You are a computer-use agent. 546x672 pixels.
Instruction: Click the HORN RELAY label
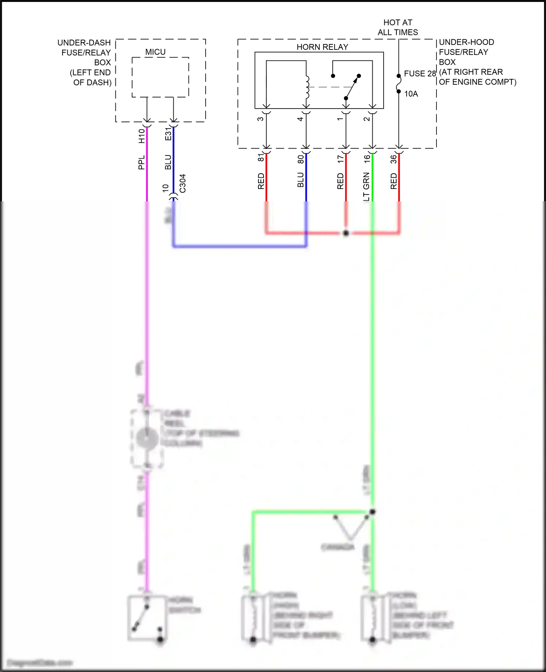coord(322,47)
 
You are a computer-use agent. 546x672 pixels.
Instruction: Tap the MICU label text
coord(155,52)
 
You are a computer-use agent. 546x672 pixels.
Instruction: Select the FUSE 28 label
coord(420,74)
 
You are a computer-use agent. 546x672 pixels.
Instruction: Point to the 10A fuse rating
coord(411,94)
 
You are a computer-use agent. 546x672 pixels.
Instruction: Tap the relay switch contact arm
coord(352,87)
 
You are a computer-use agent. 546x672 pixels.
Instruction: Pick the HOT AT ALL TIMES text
coord(398,27)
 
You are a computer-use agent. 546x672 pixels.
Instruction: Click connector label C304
coord(183,183)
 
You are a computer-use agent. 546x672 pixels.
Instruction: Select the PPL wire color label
coord(142,162)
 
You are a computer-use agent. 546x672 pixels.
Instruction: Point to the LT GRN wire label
coord(366,186)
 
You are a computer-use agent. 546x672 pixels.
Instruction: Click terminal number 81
coord(261,158)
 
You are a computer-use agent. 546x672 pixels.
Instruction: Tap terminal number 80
coord(301,159)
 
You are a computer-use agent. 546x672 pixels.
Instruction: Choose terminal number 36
coord(393,159)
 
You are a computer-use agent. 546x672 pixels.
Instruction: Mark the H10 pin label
coord(142,136)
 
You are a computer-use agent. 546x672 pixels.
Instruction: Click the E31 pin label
coord(168,134)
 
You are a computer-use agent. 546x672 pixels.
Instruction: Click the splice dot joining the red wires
coord(346,233)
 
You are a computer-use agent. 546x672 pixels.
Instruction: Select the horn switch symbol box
coord(147,618)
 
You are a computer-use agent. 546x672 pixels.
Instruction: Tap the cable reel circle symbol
coord(146,438)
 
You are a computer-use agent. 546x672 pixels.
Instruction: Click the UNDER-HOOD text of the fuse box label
coord(466,42)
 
